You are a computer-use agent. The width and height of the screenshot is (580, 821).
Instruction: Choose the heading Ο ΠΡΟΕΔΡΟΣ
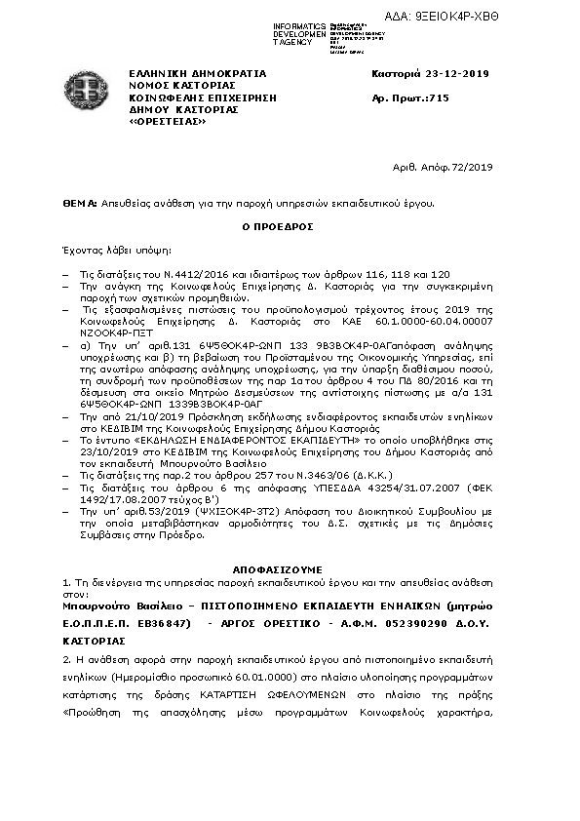point(290,226)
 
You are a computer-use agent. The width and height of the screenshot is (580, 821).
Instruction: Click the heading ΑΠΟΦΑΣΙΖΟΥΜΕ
point(290,566)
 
